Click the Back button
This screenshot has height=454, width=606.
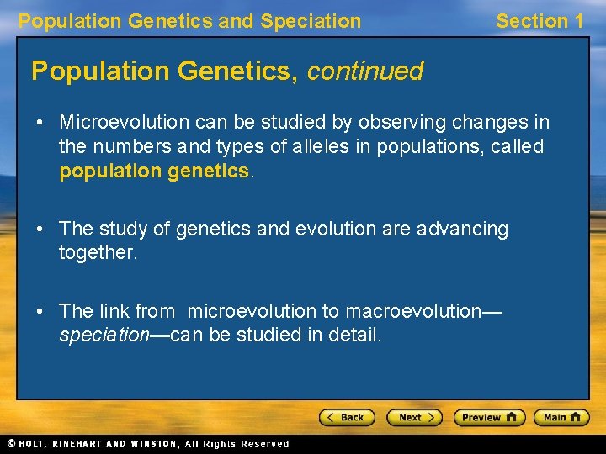point(346,417)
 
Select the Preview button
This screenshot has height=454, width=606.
point(489,417)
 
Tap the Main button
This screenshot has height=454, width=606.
point(565,417)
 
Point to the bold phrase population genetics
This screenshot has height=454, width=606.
point(154,172)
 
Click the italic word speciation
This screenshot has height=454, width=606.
point(104,335)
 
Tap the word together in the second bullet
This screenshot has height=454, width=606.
point(96,252)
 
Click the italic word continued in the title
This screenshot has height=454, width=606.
point(364,71)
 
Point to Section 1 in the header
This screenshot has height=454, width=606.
point(539,21)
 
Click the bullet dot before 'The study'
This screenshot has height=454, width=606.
point(40,229)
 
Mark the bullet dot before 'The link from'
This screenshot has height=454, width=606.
point(40,311)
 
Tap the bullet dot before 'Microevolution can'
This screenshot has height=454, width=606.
point(40,123)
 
